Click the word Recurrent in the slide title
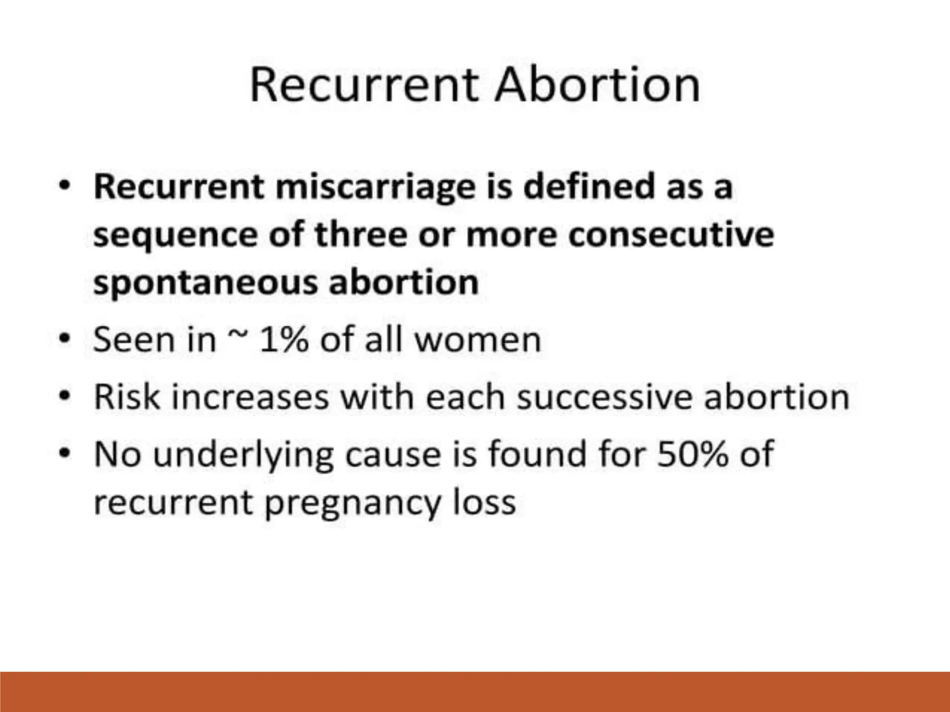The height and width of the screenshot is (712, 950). tap(364, 85)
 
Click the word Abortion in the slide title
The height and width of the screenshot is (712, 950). tap(597, 85)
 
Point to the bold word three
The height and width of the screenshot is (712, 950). tap(361, 235)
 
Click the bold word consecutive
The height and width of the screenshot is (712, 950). tap(671, 235)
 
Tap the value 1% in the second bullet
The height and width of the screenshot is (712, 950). tap(284, 340)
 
